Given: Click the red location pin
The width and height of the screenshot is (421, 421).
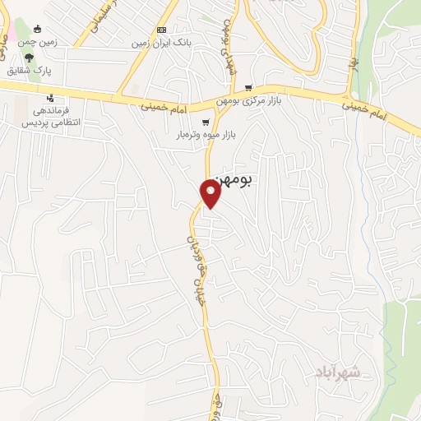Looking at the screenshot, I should [x=211, y=194].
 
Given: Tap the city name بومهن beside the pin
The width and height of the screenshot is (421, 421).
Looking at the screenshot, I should [x=231, y=178].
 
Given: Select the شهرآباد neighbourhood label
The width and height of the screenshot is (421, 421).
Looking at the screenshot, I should [x=337, y=372].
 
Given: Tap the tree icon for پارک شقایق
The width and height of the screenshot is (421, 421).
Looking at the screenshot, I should [x=30, y=58].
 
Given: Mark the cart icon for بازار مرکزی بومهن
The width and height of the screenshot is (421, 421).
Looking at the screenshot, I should [x=248, y=88].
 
